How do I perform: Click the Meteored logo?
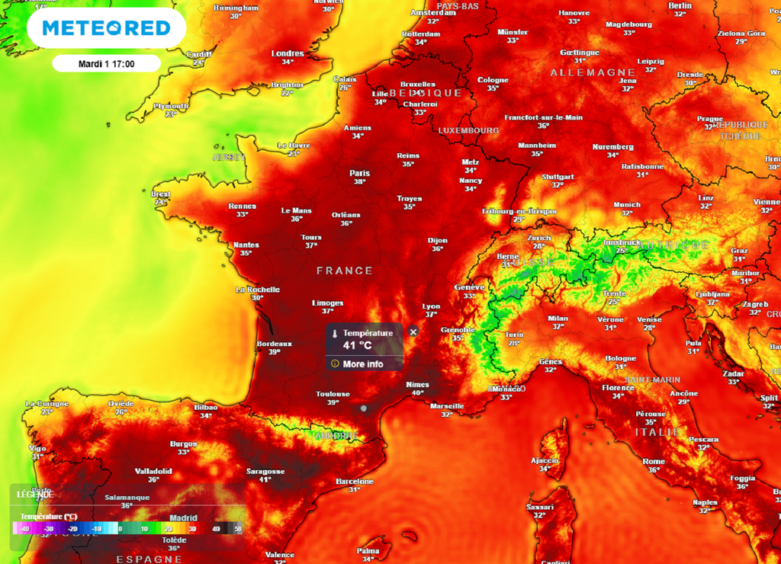(x=106, y=28)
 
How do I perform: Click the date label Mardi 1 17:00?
(x=106, y=63)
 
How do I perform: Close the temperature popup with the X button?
(x=413, y=332)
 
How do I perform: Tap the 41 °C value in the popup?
(x=357, y=345)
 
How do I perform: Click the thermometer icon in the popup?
(x=334, y=334)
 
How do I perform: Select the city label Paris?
(x=359, y=173)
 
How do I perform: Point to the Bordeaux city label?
(x=275, y=343)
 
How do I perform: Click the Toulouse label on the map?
(x=333, y=394)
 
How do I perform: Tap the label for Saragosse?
(x=265, y=471)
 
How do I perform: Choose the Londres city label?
(x=288, y=53)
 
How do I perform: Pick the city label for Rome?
(x=654, y=461)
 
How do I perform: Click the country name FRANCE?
(x=345, y=271)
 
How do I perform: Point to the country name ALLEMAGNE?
(x=583, y=72)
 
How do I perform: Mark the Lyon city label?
(x=432, y=306)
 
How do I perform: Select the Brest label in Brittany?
(x=161, y=194)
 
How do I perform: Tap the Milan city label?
(x=558, y=319)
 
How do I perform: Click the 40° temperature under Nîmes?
(x=418, y=393)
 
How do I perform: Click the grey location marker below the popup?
(x=364, y=408)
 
